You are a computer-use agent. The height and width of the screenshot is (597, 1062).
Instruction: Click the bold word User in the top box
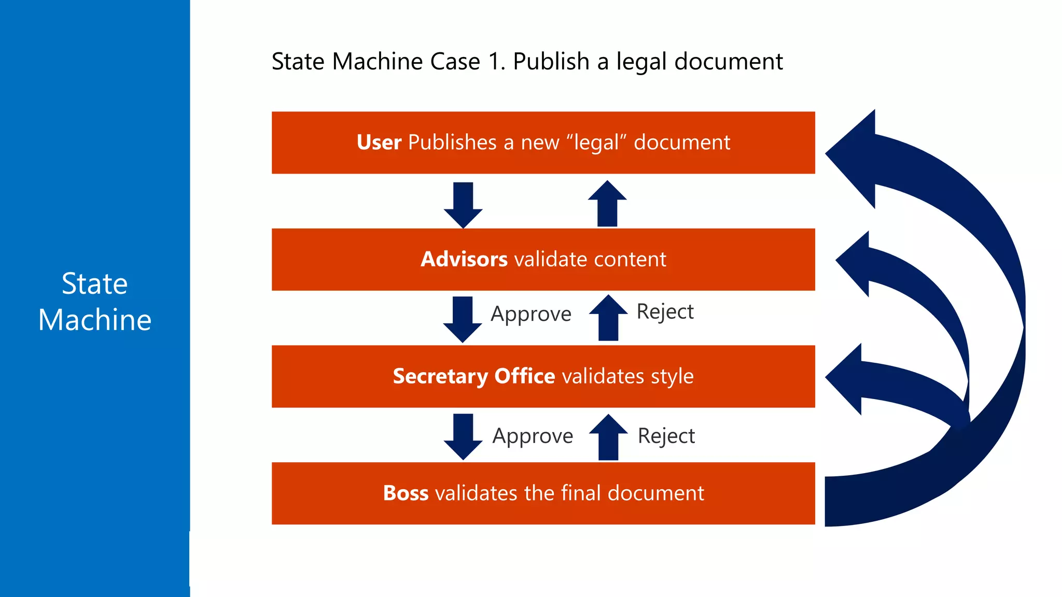(x=379, y=143)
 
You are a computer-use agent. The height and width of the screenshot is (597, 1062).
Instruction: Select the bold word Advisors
(x=464, y=259)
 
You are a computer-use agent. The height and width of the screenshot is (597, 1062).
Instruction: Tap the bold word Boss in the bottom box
(x=406, y=493)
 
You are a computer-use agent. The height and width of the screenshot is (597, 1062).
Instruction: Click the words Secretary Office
(x=473, y=376)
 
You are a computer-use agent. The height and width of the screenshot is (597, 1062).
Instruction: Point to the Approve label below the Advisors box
(x=531, y=314)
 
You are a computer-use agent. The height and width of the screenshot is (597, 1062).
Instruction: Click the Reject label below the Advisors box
(x=665, y=311)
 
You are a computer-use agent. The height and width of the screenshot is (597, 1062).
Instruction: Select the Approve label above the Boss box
(x=533, y=436)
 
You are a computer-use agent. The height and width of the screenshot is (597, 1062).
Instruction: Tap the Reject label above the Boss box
(x=666, y=436)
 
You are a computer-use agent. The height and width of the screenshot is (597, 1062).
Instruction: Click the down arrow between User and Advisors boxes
(x=463, y=205)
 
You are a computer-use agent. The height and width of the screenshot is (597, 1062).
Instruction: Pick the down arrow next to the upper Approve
(x=463, y=319)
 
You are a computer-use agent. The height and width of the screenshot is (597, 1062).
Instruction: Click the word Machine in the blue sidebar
(x=95, y=320)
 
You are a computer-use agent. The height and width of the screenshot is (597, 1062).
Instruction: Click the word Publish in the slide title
(x=551, y=62)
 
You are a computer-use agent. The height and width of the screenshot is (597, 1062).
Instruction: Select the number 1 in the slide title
(x=494, y=62)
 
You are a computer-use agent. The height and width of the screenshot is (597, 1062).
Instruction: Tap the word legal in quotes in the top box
(x=596, y=143)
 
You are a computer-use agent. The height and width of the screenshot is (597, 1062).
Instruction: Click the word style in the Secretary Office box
(x=672, y=376)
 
